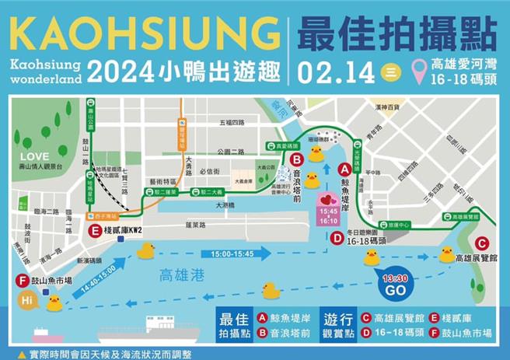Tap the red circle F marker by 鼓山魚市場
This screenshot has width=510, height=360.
[x=20, y=281]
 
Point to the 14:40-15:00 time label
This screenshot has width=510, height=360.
[x=97, y=278]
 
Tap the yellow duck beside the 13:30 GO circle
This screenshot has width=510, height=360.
[x=372, y=257]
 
